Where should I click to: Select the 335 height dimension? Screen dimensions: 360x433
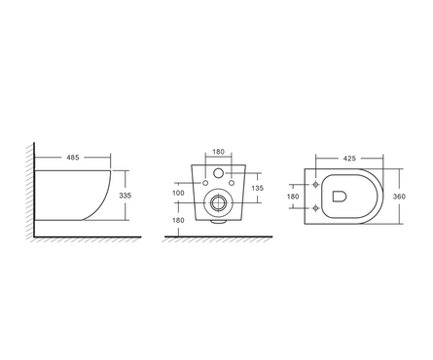[124, 196]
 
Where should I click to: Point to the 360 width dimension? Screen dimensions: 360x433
[400, 196]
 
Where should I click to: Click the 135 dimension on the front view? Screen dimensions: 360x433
[257, 188]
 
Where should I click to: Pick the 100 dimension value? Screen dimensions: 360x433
[178, 194]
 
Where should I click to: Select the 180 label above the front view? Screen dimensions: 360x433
[218, 153]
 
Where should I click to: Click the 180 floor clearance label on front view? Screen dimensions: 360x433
[178, 221]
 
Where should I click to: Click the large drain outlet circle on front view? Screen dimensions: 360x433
[219, 205]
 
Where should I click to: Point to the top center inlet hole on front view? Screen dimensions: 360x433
[219, 175]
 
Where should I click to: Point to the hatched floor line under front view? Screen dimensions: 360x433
[218, 238]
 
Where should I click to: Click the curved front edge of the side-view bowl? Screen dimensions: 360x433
[113, 195]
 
